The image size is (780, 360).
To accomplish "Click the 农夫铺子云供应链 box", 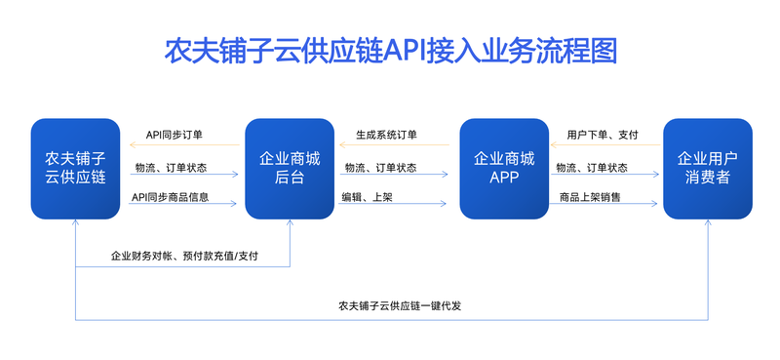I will tap(76, 168).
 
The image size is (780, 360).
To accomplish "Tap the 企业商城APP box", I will tap(503, 168).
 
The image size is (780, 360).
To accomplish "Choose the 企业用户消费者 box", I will tap(708, 168).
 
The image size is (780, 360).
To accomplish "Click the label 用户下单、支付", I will tap(603, 135).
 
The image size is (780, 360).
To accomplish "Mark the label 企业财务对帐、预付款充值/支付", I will tap(184, 257).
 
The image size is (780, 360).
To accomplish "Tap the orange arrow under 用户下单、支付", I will tap(606, 145).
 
